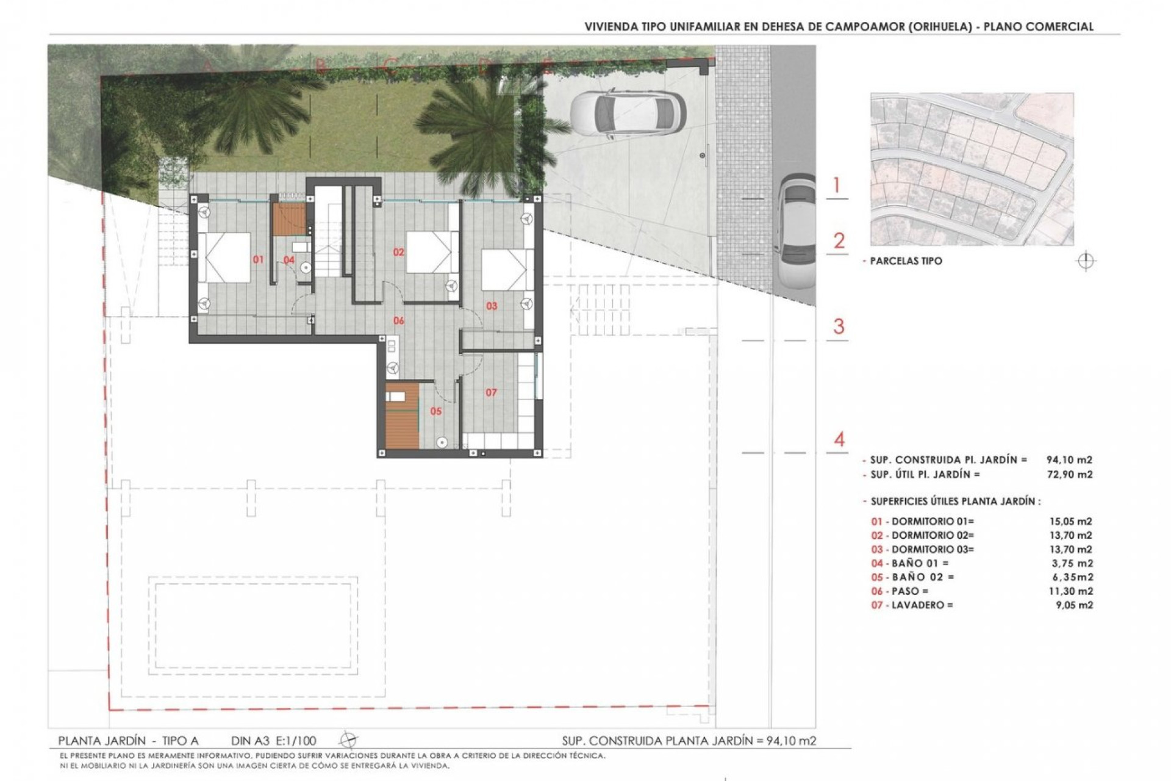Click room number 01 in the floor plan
[x=258, y=259]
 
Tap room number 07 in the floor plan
[x=491, y=392]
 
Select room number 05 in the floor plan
[x=435, y=411]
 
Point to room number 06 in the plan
[x=398, y=320]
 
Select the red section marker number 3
[x=839, y=326]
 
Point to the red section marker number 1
[x=837, y=185]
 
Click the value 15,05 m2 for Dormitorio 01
[x=1067, y=522]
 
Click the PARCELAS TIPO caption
[x=906, y=261]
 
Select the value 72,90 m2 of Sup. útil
[x=1069, y=474]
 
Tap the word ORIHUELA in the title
[x=939, y=27]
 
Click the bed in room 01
[x=224, y=257]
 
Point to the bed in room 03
[x=504, y=269]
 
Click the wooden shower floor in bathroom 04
[x=288, y=220]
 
